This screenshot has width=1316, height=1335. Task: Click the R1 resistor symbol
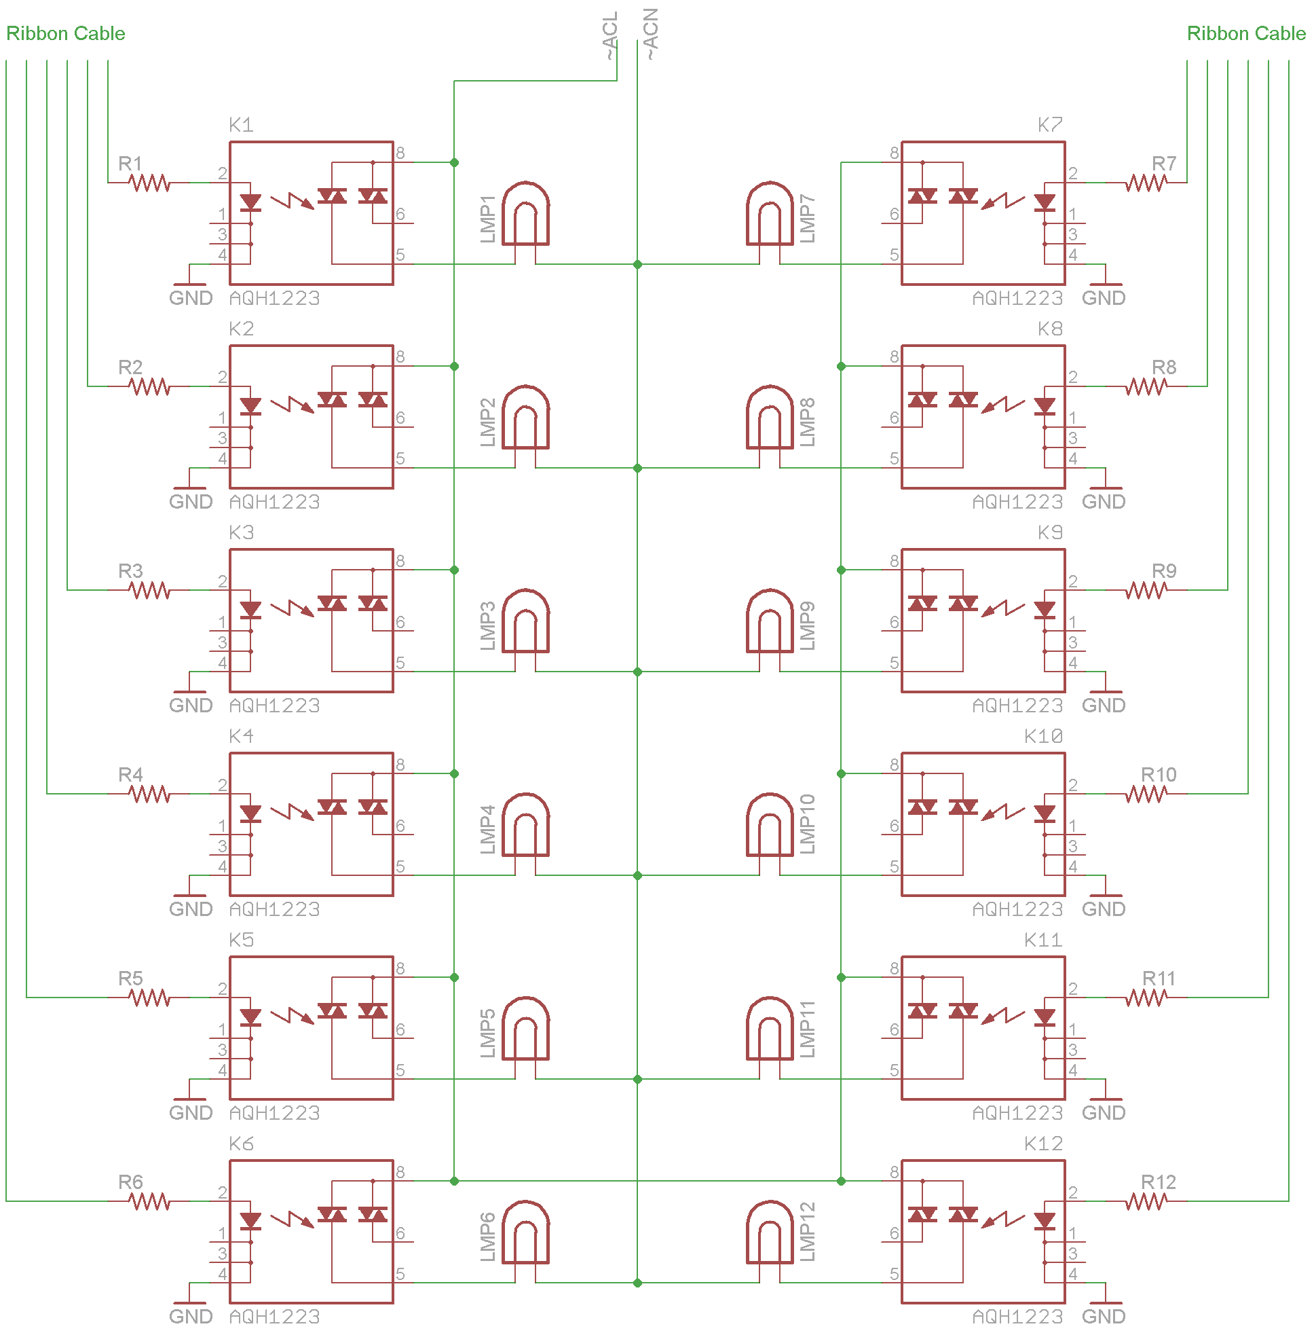tap(149, 183)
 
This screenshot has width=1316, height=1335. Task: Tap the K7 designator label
tap(1049, 125)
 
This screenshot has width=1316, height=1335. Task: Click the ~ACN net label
tap(650, 34)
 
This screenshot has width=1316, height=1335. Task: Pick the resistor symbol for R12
tap(1146, 1203)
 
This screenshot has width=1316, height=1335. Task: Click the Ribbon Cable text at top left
tap(66, 33)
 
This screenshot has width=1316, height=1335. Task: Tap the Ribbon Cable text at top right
tap(1245, 33)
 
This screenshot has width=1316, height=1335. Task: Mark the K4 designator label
tap(241, 737)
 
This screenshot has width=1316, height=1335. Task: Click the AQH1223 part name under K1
tap(275, 299)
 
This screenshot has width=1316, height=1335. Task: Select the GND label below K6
tap(191, 1317)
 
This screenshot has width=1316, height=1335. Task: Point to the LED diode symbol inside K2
tap(250, 406)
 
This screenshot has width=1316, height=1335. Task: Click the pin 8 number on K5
tap(400, 969)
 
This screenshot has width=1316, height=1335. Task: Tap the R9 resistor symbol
tap(1146, 591)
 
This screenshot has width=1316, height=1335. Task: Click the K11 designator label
tap(1042, 940)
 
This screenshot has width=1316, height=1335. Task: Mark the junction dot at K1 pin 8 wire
tap(455, 163)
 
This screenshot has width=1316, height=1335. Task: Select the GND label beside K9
tap(1104, 706)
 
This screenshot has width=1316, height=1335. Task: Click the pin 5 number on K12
tap(894, 1274)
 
